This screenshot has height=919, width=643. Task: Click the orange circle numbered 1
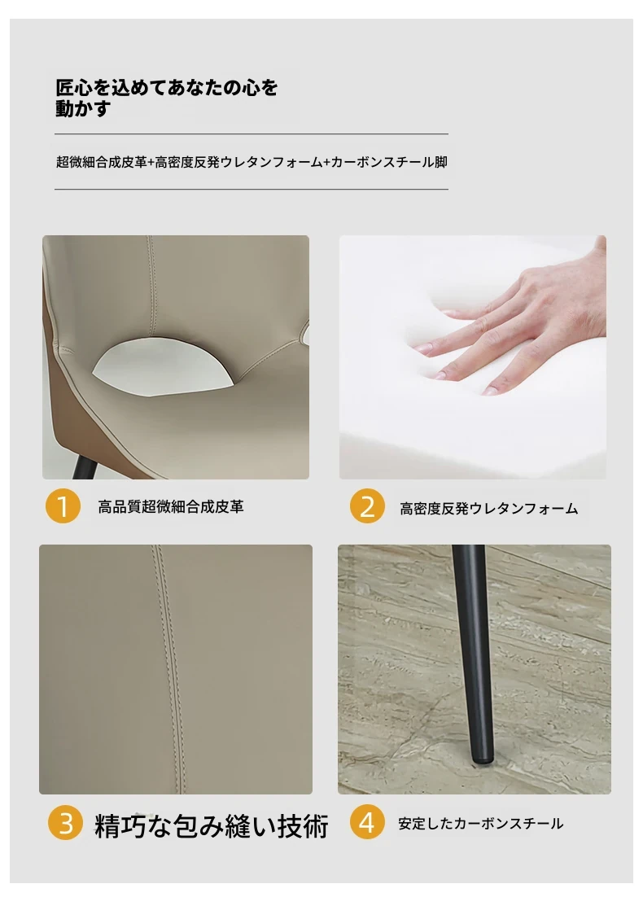[63, 505]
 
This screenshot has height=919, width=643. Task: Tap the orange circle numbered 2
[368, 505]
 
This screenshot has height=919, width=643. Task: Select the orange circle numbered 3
[65, 822]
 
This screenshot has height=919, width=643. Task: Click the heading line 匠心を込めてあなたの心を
[167, 87]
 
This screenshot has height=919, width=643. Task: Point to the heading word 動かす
[83, 108]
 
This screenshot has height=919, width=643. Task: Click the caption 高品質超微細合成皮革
[171, 506]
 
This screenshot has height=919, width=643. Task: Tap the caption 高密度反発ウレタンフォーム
[489, 508]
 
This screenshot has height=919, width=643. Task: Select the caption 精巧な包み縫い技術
[211, 826]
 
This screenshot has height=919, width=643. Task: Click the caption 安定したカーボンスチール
[481, 824]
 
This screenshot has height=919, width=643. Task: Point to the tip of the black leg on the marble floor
[482, 760]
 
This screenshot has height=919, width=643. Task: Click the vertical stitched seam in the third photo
[168, 668]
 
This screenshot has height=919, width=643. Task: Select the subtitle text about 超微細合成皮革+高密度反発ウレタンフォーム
[252, 162]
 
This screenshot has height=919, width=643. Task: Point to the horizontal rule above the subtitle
[252, 133]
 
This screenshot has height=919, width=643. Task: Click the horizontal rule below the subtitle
[252, 189]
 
